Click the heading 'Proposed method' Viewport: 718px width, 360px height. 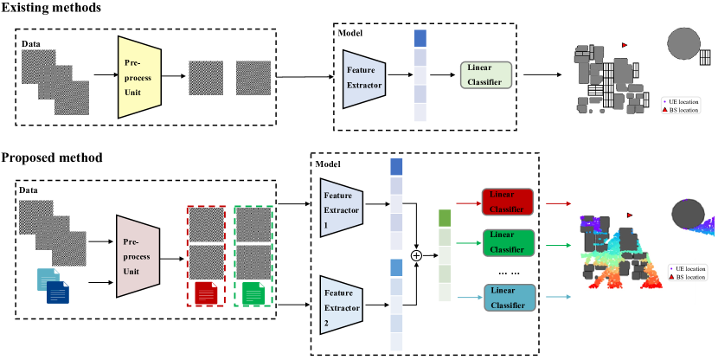pos(52,157)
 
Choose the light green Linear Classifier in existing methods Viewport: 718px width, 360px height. pos(486,74)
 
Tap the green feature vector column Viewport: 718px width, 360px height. pos(445,254)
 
